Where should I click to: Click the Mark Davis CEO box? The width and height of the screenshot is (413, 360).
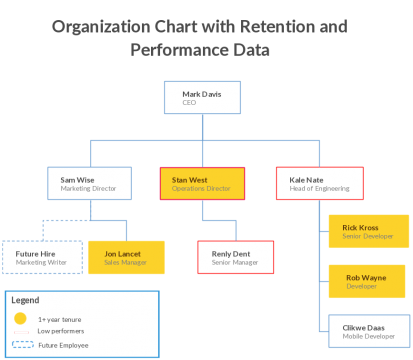point(205,98)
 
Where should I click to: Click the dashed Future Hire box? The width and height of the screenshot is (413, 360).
point(41,258)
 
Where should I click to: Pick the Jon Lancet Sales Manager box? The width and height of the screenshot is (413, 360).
point(126,258)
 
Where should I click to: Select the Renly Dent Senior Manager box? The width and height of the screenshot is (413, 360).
point(236,258)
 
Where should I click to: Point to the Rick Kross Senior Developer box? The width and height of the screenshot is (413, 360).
point(367,231)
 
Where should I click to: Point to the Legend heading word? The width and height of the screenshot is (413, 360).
point(25,300)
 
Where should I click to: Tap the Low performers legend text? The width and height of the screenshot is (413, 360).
point(60,330)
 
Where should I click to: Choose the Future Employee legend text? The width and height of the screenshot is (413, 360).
point(63,345)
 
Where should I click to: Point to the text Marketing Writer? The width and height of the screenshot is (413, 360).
point(41,263)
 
